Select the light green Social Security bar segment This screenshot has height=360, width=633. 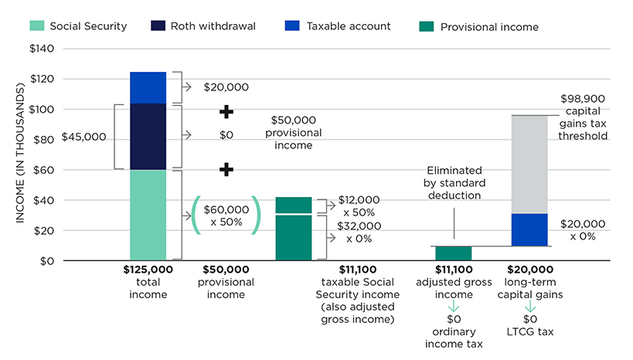148,215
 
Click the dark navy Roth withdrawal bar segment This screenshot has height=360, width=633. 148,136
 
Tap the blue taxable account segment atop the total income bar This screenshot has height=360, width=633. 148,87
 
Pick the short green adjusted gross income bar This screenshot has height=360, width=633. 453,253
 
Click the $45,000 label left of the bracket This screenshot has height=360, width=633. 84,136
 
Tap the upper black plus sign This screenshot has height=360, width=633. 226,112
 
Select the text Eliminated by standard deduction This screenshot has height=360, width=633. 454,183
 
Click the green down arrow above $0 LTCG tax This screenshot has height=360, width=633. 529,306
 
